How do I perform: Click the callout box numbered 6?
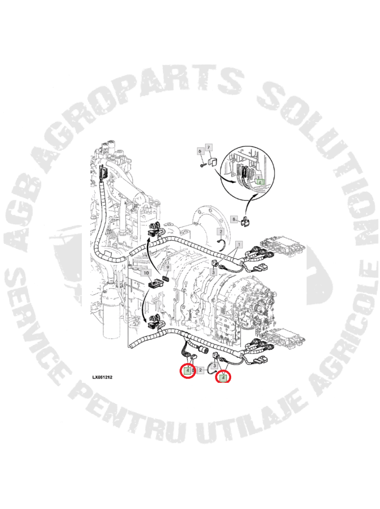(x=200, y=151)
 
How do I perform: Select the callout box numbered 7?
(x=208, y=148)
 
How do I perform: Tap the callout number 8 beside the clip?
(x=234, y=220)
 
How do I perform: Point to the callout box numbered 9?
(x=167, y=268)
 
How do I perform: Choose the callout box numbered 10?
(x=146, y=272)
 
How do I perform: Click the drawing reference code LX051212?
(x=102, y=377)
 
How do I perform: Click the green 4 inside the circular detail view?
(x=260, y=183)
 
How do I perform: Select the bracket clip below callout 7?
(x=213, y=161)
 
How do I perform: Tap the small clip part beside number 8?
(x=245, y=223)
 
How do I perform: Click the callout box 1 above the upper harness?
(x=239, y=244)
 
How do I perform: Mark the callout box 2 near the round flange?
(x=221, y=232)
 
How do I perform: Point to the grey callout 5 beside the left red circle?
(x=193, y=370)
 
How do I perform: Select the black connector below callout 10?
(x=155, y=284)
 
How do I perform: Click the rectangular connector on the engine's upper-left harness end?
(x=103, y=172)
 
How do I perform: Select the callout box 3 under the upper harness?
(x=213, y=272)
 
